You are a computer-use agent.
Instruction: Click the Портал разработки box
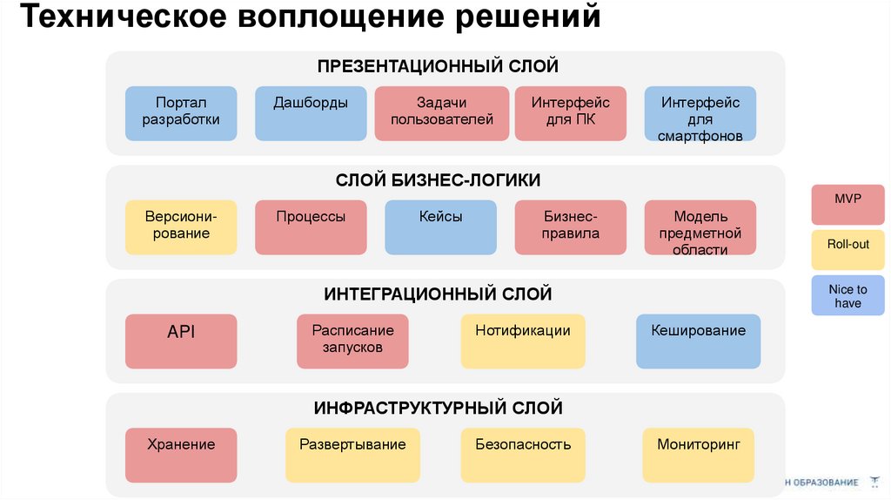(181, 113)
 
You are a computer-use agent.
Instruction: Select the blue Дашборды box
(311, 113)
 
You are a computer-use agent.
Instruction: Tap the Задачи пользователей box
(442, 113)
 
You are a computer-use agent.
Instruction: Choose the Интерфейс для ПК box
(571, 113)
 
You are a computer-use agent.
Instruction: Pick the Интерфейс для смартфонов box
(700, 113)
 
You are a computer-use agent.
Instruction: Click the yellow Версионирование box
(181, 227)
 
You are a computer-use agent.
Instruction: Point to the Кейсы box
(440, 227)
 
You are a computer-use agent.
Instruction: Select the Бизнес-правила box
(571, 227)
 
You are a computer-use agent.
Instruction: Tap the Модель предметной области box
(700, 227)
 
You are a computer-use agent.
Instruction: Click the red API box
(181, 341)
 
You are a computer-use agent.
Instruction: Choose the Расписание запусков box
(352, 341)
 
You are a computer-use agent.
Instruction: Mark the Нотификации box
(523, 341)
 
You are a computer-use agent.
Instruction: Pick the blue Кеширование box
(698, 341)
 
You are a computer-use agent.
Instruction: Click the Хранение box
(181, 455)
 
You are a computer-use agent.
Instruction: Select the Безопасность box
(523, 455)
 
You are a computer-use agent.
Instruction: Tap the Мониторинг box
(698, 455)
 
